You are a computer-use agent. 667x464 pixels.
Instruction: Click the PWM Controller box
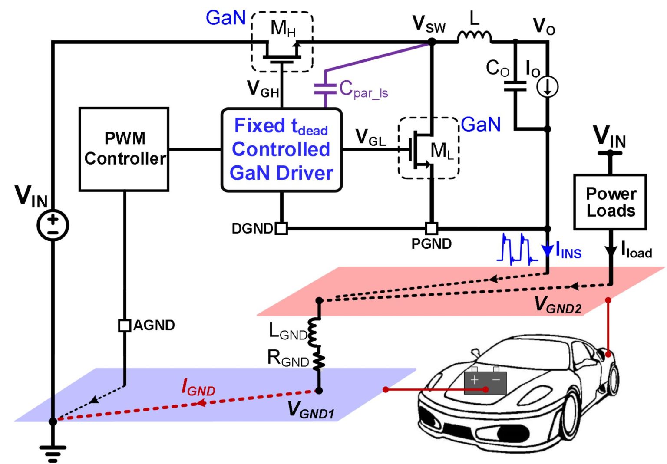point(124,149)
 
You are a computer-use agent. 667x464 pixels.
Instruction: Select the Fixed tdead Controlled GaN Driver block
point(281,150)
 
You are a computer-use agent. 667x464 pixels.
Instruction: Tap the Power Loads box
point(610,202)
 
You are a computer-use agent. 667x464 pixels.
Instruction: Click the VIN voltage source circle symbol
point(53,225)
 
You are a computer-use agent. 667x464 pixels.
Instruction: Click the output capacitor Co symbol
point(515,86)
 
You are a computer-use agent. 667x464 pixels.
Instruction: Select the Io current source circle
point(547,87)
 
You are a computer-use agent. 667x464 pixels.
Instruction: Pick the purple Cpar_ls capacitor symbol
point(325,89)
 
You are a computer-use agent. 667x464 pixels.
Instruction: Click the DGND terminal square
point(281,228)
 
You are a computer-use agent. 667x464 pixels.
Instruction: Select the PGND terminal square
point(431,228)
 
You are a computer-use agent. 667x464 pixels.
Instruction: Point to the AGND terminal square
point(125,325)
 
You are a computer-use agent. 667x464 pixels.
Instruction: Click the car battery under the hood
point(485,382)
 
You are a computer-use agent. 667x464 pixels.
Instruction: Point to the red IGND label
point(198,387)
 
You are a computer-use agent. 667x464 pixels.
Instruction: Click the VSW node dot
point(432,42)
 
